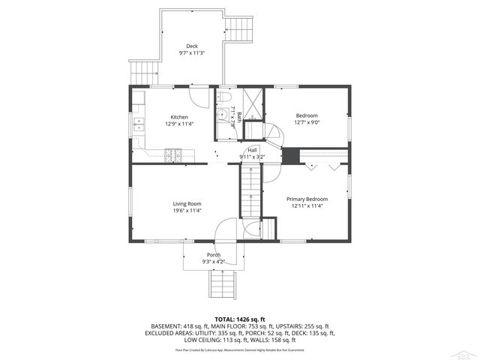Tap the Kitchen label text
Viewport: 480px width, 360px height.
coord(179,117)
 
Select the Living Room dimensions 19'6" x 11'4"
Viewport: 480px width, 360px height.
coord(187,211)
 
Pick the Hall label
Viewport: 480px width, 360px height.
coord(252,150)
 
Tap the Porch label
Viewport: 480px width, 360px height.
coord(214,255)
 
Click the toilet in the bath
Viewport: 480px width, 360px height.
coord(223,98)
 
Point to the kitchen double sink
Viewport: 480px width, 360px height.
coord(138,125)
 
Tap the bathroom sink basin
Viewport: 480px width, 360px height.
coord(222,115)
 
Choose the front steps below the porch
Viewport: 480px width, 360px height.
coord(221,286)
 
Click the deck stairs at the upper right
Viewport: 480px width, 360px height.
coord(241,32)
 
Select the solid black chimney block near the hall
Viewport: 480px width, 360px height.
coord(289,155)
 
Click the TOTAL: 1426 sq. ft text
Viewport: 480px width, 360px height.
coord(239,319)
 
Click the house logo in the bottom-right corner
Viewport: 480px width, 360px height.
coord(466,351)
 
